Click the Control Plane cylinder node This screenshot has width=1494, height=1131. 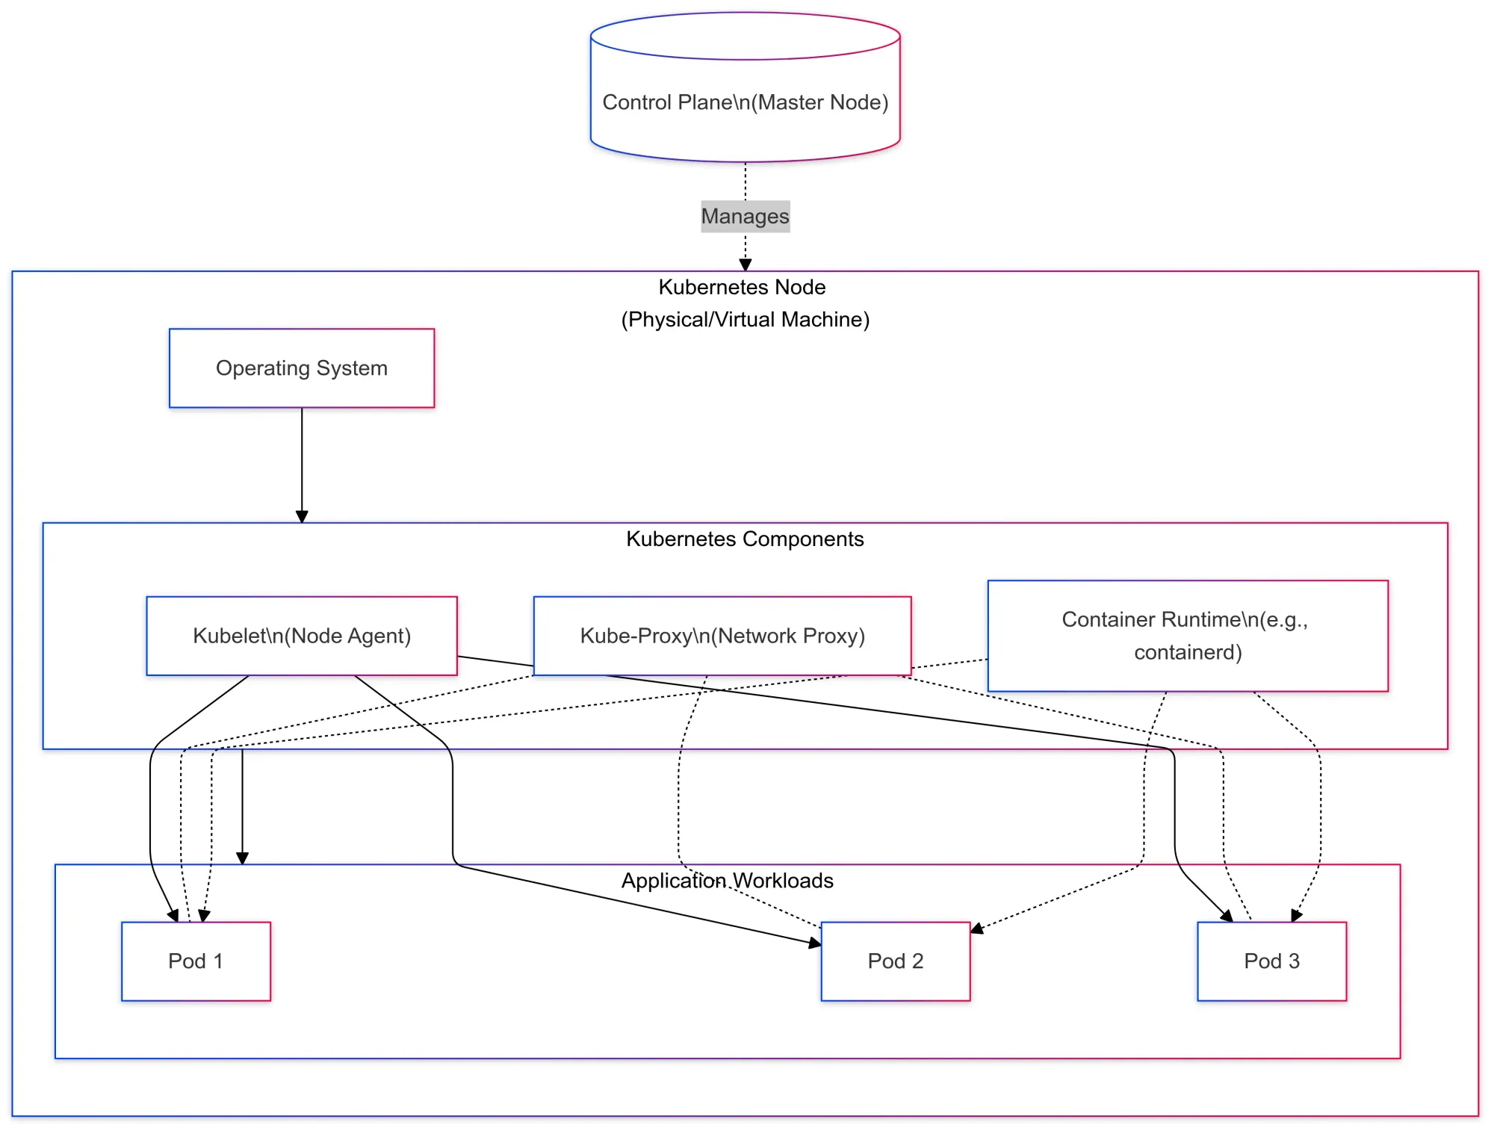(x=745, y=102)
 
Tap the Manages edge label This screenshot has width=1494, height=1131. (x=745, y=217)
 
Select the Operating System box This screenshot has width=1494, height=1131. (x=302, y=368)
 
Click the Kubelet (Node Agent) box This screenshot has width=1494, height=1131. (x=302, y=636)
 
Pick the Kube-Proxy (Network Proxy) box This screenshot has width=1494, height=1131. (x=722, y=636)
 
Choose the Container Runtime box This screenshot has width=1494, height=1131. (x=1188, y=636)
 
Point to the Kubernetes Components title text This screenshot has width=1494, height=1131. (x=745, y=539)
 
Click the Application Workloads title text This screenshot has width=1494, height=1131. (x=727, y=881)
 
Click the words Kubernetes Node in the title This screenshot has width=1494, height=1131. (x=742, y=288)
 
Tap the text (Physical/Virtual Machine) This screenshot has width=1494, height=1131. (x=745, y=320)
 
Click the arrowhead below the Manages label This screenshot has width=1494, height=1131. (x=745, y=264)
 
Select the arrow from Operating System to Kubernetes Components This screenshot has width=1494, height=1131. (x=302, y=463)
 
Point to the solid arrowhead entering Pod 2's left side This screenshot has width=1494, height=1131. (x=815, y=943)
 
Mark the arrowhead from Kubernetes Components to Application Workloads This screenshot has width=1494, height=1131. (x=242, y=858)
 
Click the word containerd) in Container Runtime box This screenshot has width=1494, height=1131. (x=1188, y=653)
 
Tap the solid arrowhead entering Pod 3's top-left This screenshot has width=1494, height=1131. (x=1227, y=917)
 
